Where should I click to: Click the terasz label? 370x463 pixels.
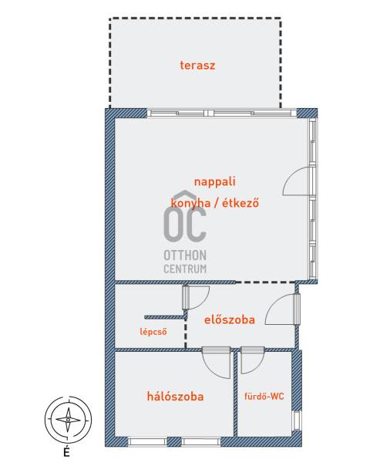197,66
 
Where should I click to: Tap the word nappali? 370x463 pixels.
215,181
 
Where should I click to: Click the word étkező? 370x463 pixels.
240,202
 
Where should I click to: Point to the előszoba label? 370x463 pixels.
230,319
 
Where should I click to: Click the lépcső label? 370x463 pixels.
153,332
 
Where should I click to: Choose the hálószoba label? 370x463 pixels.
175,397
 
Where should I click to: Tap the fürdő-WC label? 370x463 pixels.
264,397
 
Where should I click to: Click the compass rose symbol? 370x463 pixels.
68,420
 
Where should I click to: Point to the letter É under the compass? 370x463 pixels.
67,451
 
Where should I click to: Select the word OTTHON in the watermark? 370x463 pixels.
185,255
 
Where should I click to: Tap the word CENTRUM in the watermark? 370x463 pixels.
185,269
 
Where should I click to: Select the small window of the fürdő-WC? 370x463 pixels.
297,421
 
